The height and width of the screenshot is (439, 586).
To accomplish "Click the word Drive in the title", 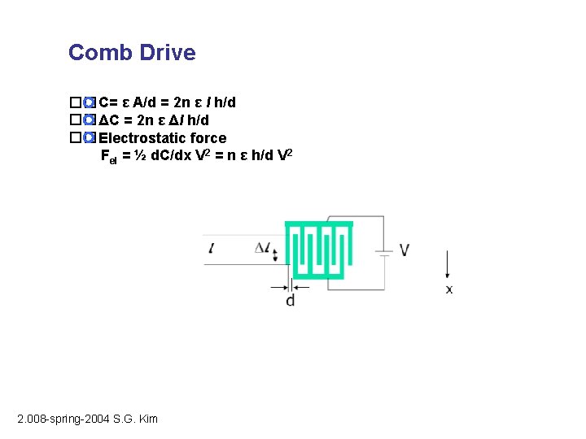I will pos(167,53).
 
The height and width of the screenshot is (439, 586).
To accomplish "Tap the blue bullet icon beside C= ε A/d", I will pos(90,103).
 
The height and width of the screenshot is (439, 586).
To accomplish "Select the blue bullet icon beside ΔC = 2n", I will pos(90,120).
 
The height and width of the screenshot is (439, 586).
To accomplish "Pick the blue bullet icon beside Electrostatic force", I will pos(90,137).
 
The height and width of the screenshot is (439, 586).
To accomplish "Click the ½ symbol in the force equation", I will pos(138,155).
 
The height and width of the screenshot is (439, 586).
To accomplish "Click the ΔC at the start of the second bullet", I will pos(107,120).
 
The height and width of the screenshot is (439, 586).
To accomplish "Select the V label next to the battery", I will pos(405,250).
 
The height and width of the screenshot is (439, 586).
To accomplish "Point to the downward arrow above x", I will pos(448,265).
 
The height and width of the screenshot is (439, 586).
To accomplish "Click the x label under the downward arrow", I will pos(449,289).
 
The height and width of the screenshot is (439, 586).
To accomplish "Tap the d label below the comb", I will pos(291,301).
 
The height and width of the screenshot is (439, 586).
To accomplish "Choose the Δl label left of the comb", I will pos(262,248).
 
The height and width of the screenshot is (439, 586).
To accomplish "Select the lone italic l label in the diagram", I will pos(212,248).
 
